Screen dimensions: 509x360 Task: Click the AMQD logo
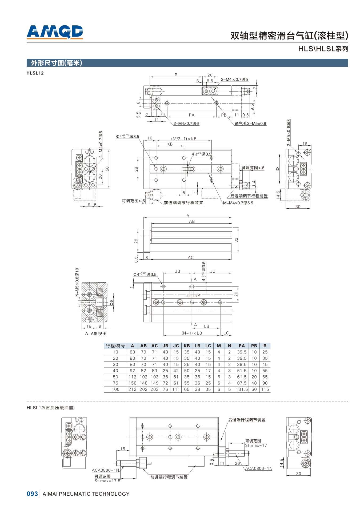[55, 32]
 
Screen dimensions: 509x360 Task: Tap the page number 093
[32, 494]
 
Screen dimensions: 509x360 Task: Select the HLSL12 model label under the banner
[35, 73]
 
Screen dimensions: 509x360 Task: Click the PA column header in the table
[242, 346]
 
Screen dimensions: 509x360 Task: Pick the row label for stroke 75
[115, 383]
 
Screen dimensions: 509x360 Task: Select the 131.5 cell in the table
[242, 389]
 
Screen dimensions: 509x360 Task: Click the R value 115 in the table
[265, 389]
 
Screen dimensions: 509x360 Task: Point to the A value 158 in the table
[132, 383]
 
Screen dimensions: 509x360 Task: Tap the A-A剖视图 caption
[96, 333]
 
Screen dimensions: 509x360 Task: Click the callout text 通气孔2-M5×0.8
[250, 124]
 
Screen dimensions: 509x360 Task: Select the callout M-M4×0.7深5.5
[238, 203]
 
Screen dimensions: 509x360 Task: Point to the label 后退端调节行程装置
[249, 196]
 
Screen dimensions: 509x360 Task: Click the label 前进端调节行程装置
[183, 203]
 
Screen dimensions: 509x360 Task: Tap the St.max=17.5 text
[107, 481]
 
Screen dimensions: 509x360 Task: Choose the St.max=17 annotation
[256, 445]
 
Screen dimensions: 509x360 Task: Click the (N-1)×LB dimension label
[192, 333]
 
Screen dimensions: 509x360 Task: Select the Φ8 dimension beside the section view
[111, 302]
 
